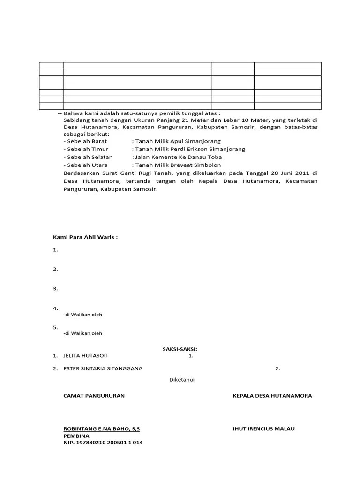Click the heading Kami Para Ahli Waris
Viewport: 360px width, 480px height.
85,237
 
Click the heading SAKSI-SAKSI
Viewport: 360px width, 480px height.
180,349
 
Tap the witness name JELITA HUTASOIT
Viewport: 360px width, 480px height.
89,356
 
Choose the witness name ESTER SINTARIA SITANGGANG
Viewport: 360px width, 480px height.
103,368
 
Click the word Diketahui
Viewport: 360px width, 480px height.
181,380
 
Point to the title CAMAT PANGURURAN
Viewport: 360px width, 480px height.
94,396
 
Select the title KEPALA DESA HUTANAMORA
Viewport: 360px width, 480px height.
272,396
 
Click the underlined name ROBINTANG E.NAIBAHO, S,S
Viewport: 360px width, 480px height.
101,429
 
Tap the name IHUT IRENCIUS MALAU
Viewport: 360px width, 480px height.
263,429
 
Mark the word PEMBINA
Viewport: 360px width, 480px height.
76,436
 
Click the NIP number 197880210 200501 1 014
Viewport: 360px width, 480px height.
103,443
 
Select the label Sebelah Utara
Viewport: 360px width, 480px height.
87,165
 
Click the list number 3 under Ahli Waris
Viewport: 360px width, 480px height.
55,289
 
